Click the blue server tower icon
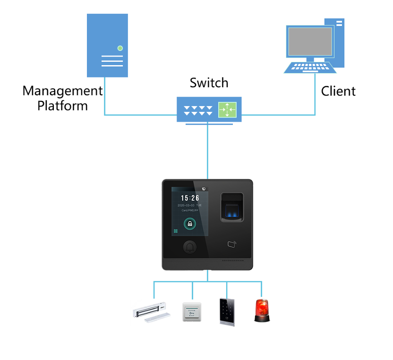coord(108,45)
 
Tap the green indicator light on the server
coord(120,48)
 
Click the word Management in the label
coord(62,91)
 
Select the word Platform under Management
coord(62,105)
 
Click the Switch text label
coord(209,83)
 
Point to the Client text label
coord(338,91)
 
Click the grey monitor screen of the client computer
coord(309,42)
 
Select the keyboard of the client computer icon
coord(310,67)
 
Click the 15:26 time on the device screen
coord(190,198)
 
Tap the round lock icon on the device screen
coord(190,223)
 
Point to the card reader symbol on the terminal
coord(231,244)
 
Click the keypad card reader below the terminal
coord(227,311)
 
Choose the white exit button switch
coord(192,312)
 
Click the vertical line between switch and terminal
coord(208,151)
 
